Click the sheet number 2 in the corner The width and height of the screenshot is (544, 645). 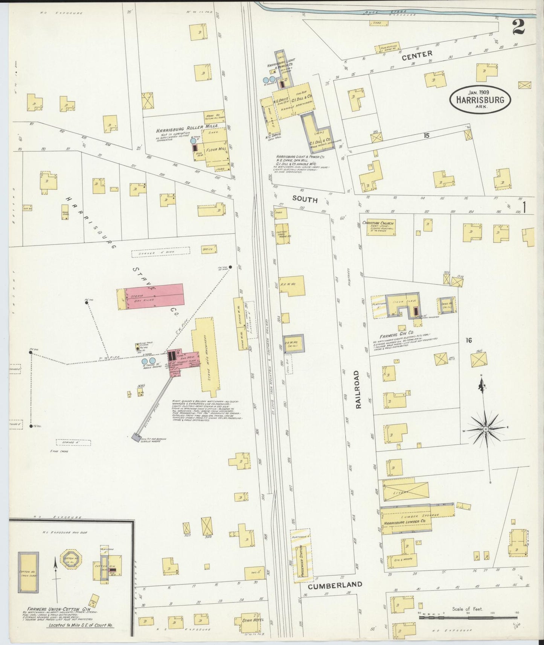click(x=518, y=27)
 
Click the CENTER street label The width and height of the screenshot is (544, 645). click(x=417, y=55)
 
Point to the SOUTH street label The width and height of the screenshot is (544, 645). click(x=305, y=199)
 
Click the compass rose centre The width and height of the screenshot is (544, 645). click(x=485, y=429)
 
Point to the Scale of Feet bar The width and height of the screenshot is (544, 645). click(x=469, y=618)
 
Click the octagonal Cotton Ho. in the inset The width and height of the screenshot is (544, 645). click(x=70, y=558)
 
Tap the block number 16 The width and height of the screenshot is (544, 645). click(x=468, y=341)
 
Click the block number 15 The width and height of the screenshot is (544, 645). click(x=426, y=135)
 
